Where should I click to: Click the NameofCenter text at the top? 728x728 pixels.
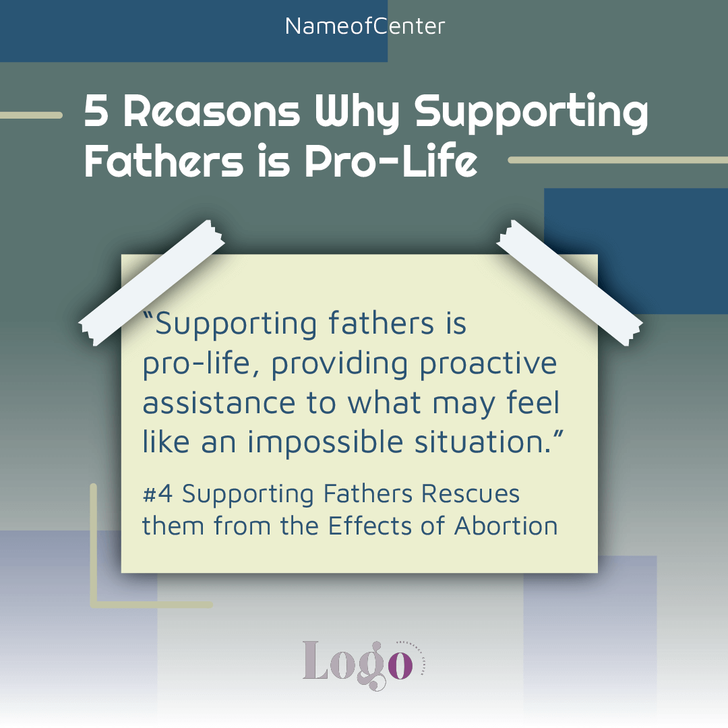[365, 26]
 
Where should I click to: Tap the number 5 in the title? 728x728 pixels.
[96, 111]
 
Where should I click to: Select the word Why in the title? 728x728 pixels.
[357, 114]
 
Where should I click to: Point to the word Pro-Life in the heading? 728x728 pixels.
[391, 160]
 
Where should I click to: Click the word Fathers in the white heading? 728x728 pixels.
[164, 160]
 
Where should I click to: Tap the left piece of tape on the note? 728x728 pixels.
[152, 282]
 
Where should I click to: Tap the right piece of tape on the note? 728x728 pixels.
[570, 282]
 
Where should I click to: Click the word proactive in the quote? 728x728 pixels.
[488, 365]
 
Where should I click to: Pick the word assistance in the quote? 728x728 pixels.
[218, 403]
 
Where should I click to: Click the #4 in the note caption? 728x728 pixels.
[158, 493]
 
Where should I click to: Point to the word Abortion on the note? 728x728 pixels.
[506, 526]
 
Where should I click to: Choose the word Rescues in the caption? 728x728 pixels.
[471, 493]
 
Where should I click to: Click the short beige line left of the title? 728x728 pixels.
[31, 115]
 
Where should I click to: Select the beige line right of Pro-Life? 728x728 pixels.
[618, 160]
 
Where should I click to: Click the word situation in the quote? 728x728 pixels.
[483, 442]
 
